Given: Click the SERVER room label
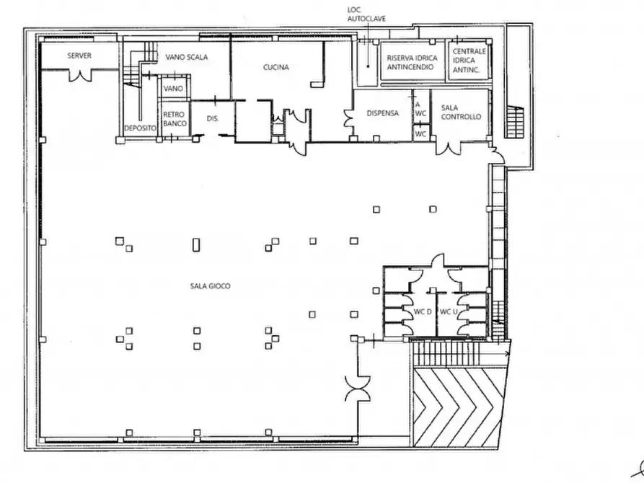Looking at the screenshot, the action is [x=79, y=56].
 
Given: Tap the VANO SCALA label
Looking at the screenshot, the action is [x=187, y=57].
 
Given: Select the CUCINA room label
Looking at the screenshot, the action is [x=276, y=67].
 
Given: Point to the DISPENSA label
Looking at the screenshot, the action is [x=382, y=113].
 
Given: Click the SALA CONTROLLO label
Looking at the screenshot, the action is [x=461, y=112].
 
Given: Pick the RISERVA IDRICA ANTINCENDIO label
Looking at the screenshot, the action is [x=412, y=63].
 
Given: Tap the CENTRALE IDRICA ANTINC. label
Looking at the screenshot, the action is [x=469, y=61].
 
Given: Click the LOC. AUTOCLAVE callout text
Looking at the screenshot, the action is [x=366, y=14].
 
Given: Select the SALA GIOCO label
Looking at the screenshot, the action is [x=211, y=286].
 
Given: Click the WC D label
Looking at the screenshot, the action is [x=423, y=311].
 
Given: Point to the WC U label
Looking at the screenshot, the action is [x=449, y=311].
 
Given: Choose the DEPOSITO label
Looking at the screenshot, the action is [x=141, y=128].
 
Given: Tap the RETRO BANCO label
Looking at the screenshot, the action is [x=175, y=119].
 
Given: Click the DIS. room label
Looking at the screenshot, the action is [x=213, y=119].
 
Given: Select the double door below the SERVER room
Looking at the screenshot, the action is [x=79, y=75].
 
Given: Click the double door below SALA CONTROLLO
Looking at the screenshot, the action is [x=448, y=148].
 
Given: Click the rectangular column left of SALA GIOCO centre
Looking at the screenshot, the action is [x=196, y=245].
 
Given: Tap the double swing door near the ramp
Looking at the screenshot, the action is [x=358, y=389].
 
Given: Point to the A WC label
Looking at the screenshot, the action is [x=420, y=110].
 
